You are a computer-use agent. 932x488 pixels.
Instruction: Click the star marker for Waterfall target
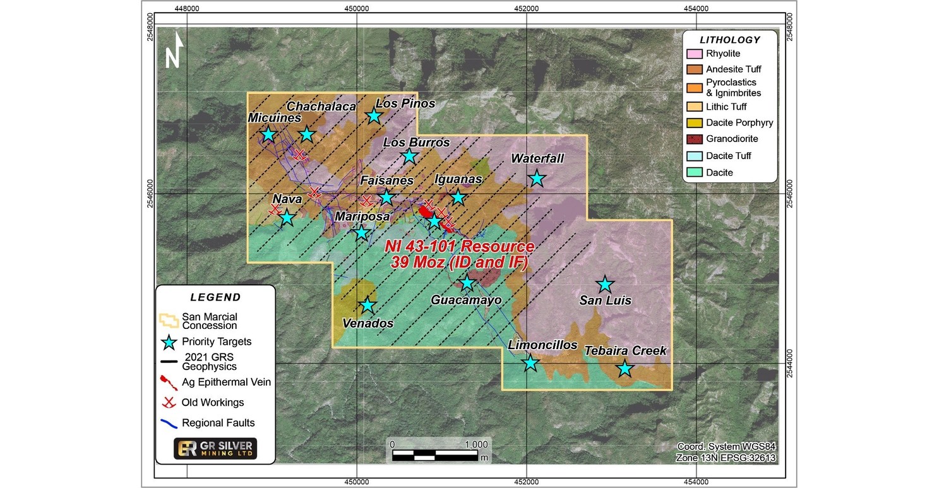(x=537, y=179)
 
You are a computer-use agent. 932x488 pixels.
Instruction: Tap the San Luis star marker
(x=605, y=284)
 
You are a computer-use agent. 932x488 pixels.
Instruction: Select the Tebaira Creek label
(x=625, y=351)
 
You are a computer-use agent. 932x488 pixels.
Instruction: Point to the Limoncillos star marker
(x=530, y=363)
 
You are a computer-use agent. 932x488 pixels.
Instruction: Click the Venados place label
(x=367, y=323)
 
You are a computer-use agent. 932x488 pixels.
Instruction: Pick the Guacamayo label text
(x=466, y=301)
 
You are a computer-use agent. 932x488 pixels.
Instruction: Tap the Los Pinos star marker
(x=374, y=116)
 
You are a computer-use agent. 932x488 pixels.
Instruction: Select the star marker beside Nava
(x=287, y=218)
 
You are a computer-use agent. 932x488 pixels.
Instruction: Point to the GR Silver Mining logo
(x=215, y=449)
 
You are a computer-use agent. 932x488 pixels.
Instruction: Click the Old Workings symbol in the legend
(x=169, y=402)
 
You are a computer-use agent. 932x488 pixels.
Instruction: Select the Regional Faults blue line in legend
(x=169, y=422)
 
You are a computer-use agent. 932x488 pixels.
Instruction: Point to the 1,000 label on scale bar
(x=475, y=444)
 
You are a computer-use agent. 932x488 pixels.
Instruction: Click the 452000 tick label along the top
(x=527, y=9)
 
